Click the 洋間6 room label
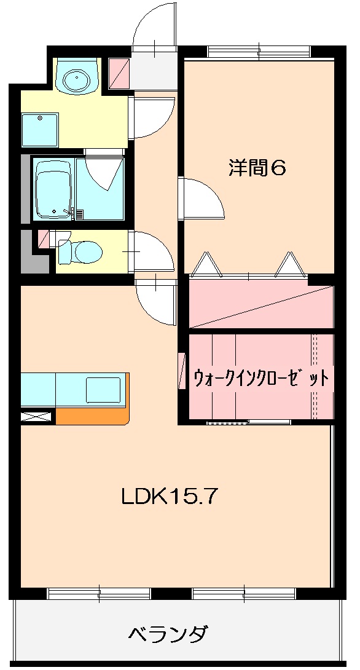coord(257,168)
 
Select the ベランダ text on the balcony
coord(168,633)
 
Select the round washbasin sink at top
coord(76,78)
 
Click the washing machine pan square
coord(41,130)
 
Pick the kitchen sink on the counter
coord(103,390)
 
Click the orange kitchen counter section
coord(92,417)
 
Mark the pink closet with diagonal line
coord(260,306)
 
